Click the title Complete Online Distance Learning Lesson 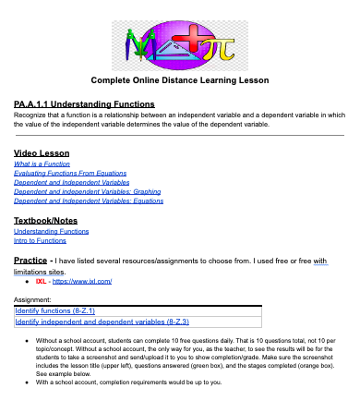(x=179, y=79)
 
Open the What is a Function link (x=42, y=164)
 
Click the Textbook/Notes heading (x=52, y=221)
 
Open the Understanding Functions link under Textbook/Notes (x=51, y=232)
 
